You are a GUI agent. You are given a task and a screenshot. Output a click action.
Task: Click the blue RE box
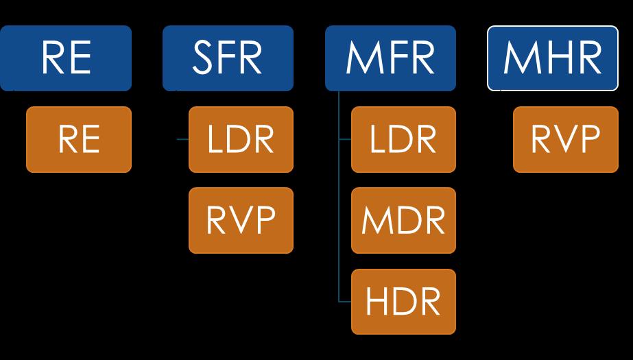[x=66, y=58]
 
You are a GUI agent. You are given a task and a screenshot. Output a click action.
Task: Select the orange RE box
[x=79, y=139]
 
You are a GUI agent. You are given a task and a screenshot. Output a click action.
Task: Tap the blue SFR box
[x=228, y=58]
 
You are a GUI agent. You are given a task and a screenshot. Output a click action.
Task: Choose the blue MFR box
[x=390, y=58]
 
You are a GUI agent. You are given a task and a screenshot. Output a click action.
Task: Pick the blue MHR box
[x=553, y=58]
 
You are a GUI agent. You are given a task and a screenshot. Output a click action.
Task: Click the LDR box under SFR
[x=241, y=139]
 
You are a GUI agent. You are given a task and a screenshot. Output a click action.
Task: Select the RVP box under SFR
[x=241, y=220]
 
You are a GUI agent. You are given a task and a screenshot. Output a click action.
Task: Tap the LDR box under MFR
[x=403, y=139]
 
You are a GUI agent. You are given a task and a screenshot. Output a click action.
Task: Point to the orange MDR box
[x=403, y=220]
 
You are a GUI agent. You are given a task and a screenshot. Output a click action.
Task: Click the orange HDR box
[x=403, y=301]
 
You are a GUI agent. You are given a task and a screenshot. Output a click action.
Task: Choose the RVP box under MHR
[x=565, y=139]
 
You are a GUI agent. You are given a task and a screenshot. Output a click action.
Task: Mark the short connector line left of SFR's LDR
[x=182, y=139]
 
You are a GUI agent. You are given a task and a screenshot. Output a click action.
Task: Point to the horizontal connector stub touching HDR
[x=345, y=301]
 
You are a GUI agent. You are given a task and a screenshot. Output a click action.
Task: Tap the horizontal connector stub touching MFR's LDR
[x=345, y=139]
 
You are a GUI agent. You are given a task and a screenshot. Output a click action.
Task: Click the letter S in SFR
[x=202, y=59]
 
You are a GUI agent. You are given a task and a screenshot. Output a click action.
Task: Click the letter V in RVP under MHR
[x=565, y=140]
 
